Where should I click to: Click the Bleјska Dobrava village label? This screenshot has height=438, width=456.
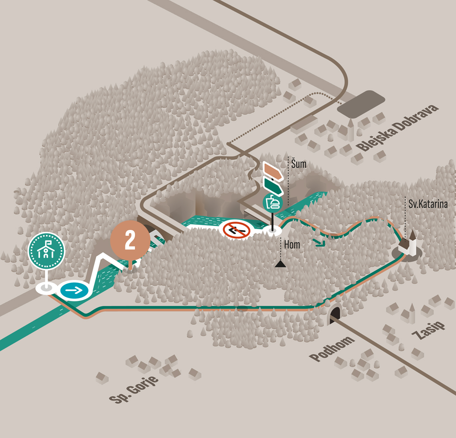[x=397, y=128]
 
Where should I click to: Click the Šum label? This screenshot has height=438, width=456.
[x=299, y=164]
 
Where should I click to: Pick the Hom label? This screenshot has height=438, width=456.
[x=292, y=245]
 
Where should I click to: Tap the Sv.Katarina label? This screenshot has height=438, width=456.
[x=428, y=204]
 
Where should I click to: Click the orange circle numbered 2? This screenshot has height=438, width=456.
[x=130, y=240]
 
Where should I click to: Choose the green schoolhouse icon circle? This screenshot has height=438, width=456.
[x=46, y=251]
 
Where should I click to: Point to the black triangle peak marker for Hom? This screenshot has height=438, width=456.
[x=280, y=264]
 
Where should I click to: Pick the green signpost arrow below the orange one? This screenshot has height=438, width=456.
[x=272, y=186]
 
